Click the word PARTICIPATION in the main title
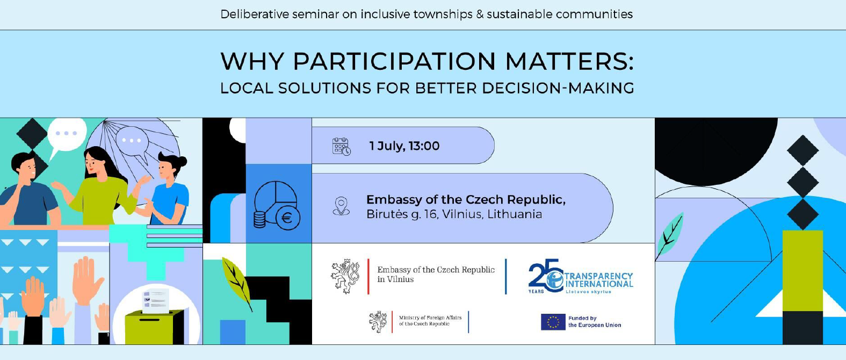pos(394,61)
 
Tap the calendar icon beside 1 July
pos(342,146)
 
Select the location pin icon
pos(341,206)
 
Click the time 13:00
pos(424,146)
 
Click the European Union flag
pos(553,322)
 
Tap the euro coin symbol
pos(287,218)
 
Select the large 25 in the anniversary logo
pos(544,275)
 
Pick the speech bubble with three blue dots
pos(67,136)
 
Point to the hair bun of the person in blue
pos(180,161)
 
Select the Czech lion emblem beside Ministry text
pos(378,322)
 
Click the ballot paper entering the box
pos(155,301)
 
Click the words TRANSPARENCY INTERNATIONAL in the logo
pos(598,280)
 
